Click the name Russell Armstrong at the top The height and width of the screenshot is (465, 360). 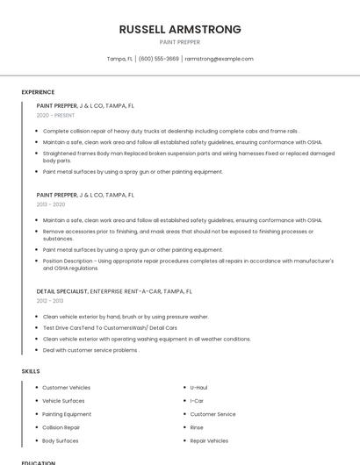click(x=179, y=29)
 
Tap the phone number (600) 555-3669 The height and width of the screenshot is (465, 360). click(x=158, y=59)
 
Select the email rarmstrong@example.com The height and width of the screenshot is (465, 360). click(x=219, y=59)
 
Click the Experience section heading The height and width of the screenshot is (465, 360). click(x=38, y=92)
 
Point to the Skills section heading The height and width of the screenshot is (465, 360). click(x=31, y=371)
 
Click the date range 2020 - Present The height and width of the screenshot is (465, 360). click(x=55, y=115)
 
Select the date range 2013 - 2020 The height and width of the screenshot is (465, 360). click(x=51, y=204)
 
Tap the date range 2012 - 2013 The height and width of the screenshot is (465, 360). click(x=50, y=300)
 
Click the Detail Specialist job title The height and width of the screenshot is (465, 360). click(x=62, y=290)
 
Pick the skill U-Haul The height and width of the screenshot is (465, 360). click(x=198, y=387)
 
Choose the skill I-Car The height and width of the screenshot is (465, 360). click(x=197, y=400)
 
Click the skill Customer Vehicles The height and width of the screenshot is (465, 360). click(x=66, y=387)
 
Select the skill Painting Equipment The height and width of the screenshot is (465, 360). click(x=67, y=414)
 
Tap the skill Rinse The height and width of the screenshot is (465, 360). click(x=197, y=427)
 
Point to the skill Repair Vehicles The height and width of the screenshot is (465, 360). click(x=209, y=440)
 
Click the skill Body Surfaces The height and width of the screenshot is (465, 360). click(x=61, y=440)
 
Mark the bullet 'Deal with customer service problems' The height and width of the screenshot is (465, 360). click(x=90, y=350)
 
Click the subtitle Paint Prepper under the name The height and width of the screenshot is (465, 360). click(x=179, y=42)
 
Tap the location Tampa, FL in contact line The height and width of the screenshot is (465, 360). click(x=119, y=59)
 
